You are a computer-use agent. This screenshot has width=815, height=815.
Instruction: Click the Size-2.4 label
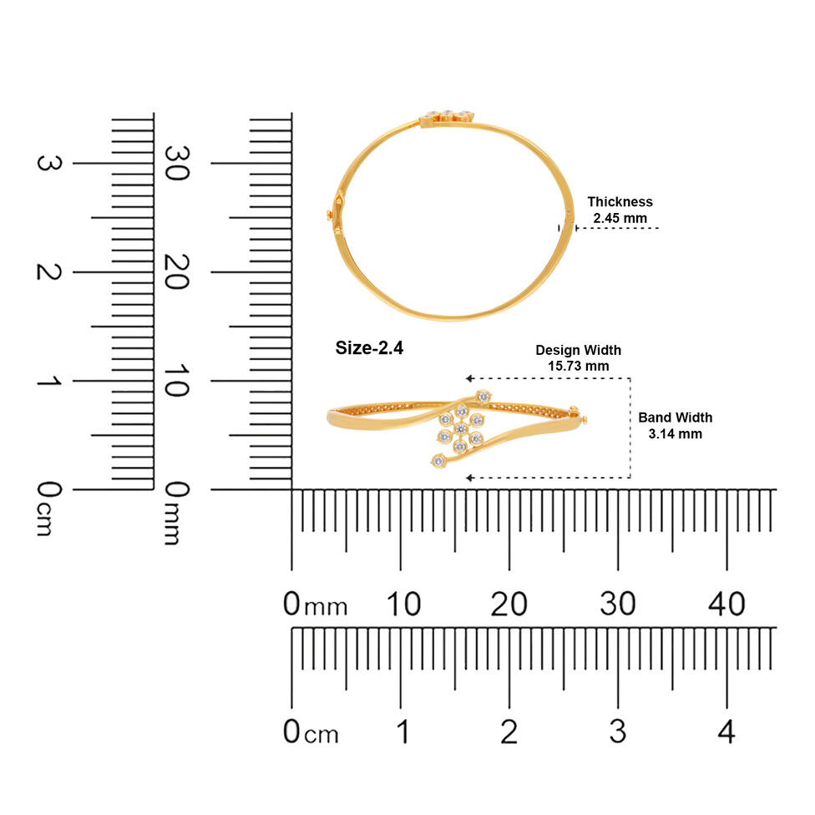[369, 347]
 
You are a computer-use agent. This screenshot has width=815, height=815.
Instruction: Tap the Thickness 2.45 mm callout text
[620, 210]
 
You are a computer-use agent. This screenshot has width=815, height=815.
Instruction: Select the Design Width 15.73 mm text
[579, 357]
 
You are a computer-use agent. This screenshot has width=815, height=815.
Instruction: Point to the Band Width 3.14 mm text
[676, 426]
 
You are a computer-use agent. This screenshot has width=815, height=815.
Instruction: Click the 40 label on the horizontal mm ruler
[726, 604]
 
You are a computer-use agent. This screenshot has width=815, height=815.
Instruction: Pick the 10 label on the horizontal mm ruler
[403, 604]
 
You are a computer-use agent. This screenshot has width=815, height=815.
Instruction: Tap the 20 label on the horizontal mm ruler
[509, 604]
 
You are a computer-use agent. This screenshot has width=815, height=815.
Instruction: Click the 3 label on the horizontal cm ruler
[617, 731]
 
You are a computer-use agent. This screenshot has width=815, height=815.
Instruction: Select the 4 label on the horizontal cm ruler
[726, 731]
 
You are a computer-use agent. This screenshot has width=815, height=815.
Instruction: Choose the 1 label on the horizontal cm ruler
[403, 731]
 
